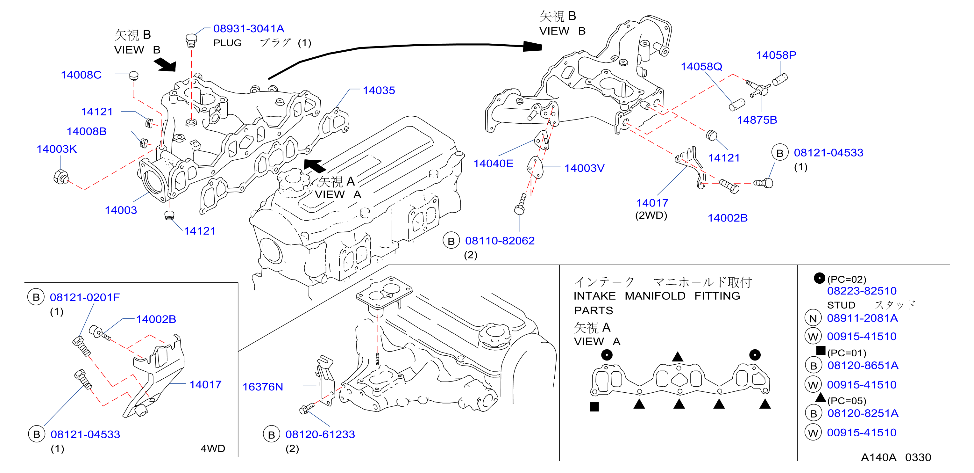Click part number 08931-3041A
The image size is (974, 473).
[248, 28]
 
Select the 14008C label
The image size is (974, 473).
[81, 75]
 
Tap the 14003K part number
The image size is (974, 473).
[57, 149]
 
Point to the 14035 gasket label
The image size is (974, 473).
[379, 90]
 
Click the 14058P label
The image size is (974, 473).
[776, 55]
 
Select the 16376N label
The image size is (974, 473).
[262, 386]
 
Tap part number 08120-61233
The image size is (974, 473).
[320, 434]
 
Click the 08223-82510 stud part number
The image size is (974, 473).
[862, 291]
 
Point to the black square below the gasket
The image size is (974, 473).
[594, 407]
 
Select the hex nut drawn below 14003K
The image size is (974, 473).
[61, 177]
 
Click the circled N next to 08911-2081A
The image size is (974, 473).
[813, 318]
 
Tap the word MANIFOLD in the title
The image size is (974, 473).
[655, 295]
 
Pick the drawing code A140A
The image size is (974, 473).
[878, 457]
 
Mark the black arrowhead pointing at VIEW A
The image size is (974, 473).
[315, 166]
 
